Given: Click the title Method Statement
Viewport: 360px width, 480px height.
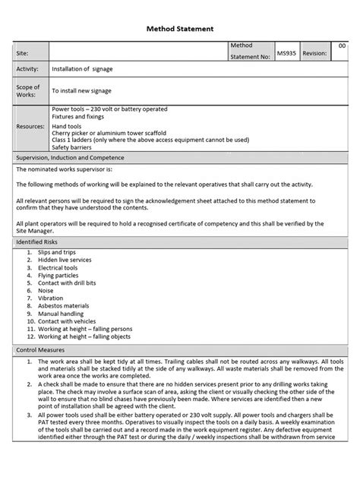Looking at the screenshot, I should click(x=180, y=28).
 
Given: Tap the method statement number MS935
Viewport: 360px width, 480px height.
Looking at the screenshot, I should click(x=286, y=53).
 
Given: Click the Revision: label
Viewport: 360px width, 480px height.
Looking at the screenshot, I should click(x=314, y=53).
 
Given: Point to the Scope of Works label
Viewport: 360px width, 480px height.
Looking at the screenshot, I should click(x=28, y=90).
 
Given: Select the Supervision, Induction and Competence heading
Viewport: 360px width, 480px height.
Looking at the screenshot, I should click(x=70, y=158).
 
